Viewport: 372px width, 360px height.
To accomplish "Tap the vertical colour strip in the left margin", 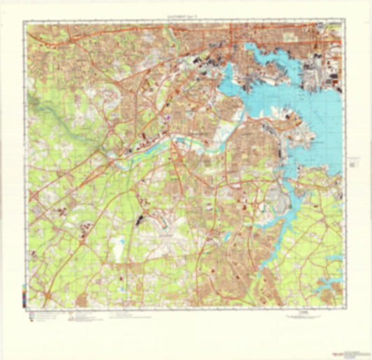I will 25,292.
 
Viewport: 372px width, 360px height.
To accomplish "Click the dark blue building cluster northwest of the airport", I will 142,220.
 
